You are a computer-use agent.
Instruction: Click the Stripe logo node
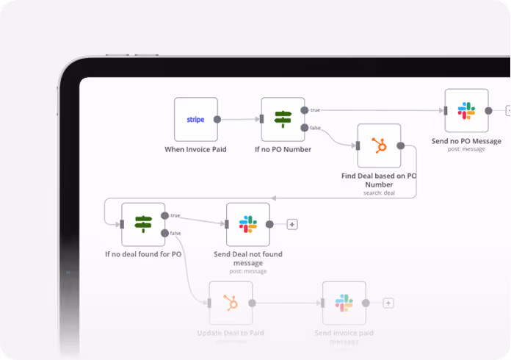click(195, 119)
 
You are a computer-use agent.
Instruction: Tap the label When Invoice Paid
click(195, 150)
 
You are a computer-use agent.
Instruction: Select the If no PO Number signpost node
click(283, 119)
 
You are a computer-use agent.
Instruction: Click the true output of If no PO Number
click(305, 110)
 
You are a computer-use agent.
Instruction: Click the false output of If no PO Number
click(305, 128)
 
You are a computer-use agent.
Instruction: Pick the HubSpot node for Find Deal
click(379, 145)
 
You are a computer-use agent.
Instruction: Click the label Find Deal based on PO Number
click(379, 180)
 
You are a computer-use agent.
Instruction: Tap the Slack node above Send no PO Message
click(466, 111)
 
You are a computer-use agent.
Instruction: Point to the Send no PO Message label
click(466, 141)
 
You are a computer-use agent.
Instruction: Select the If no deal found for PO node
click(143, 224)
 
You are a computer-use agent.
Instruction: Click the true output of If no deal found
click(165, 216)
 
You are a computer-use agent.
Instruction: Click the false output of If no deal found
click(165, 233)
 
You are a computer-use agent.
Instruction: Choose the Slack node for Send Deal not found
click(247, 224)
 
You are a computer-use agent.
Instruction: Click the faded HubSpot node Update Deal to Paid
click(231, 303)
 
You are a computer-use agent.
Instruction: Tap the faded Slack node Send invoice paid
click(344, 303)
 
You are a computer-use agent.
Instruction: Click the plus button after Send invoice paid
click(388, 303)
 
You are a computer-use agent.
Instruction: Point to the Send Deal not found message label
click(247, 259)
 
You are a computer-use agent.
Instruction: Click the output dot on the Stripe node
click(217, 119)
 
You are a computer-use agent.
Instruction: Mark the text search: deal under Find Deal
click(379, 193)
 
